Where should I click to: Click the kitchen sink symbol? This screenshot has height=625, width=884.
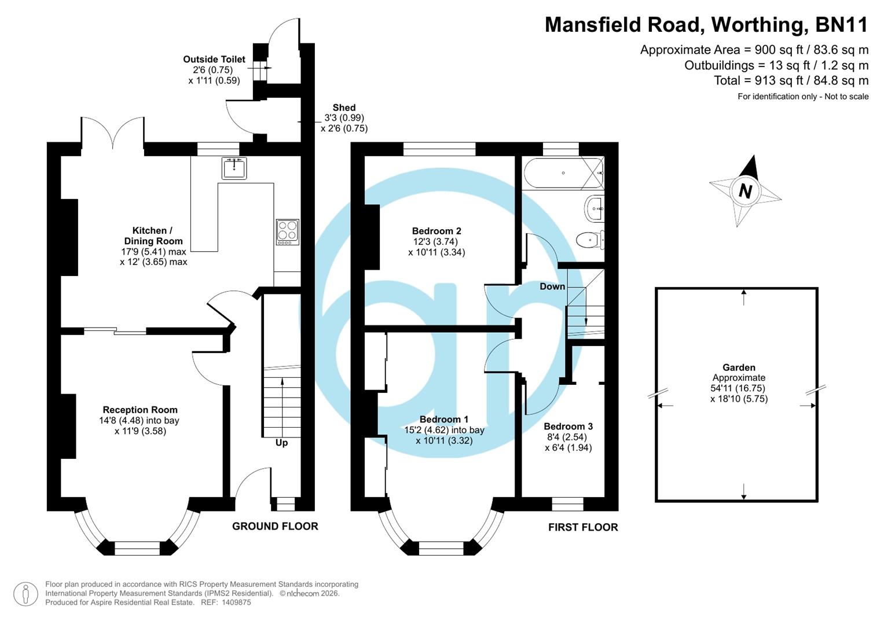point(234,168)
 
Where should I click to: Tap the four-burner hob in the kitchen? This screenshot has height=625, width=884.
point(288,231)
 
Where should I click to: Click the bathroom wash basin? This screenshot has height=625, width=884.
point(595,208)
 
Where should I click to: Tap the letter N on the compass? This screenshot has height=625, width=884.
point(745,191)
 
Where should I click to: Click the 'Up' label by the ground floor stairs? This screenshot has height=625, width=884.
point(281,443)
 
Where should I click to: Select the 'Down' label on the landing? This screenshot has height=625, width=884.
point(552,286)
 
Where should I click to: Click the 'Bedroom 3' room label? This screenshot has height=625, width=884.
point(568,427)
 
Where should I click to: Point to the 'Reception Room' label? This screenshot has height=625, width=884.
point(140,410)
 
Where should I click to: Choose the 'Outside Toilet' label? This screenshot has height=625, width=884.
point(214,59)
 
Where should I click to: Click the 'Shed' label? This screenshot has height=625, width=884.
point(344,108)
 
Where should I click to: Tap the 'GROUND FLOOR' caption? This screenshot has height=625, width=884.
point(275,526)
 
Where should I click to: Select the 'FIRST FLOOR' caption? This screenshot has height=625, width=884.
point(583,527)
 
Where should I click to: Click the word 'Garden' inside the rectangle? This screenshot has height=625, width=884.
point(739,367)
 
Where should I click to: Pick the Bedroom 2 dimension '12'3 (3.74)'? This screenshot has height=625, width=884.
point(437,242)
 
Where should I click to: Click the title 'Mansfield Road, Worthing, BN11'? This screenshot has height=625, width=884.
point(706,24)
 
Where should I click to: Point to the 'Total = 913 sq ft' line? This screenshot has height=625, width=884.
point(791,80)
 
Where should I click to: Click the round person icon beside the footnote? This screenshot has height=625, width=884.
point(25,594)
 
